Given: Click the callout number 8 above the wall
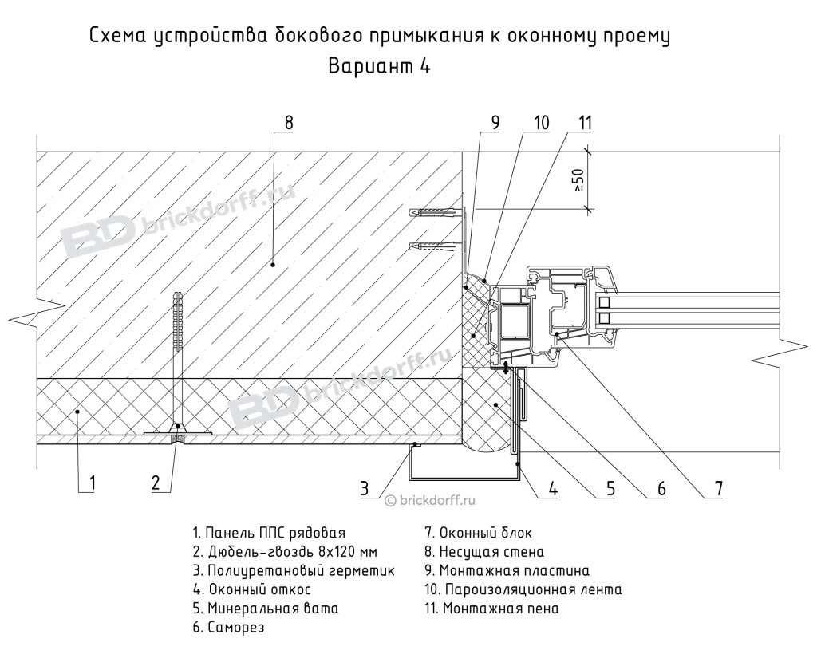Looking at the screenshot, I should [x=289, y=123].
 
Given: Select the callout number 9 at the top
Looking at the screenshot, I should [x=495, y=123].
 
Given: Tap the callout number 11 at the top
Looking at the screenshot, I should [x=586, y=123].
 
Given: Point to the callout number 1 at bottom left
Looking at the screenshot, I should [x=93, y=483].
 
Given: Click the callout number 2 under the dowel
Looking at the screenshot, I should [x=156, y=483].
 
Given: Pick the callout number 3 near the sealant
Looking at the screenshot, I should [x=365, y=488].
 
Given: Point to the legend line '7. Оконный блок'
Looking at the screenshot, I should [x=478, y=533].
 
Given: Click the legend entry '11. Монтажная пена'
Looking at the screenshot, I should [x=491, y=609].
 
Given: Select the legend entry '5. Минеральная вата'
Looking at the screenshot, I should [x=265, y=609].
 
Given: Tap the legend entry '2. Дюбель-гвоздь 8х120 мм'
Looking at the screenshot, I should [x=284, y=552].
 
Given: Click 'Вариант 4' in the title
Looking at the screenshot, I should [x=380, y=67].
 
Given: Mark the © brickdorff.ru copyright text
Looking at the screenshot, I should [x=430, y=500].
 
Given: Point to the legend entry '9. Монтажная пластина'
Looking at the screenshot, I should [x=507, y=571].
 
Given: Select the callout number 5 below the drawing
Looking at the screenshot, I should [x=610, y=488].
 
